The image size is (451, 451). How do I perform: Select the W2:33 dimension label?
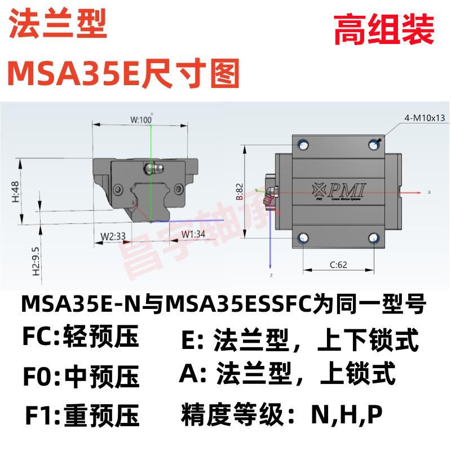point(113,236)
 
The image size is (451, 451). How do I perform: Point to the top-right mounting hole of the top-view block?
point(373,144)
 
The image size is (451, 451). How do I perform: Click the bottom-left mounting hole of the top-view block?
point(304,237)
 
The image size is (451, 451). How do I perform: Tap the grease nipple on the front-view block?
point(152,167)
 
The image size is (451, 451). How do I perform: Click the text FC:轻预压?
point(80,338)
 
